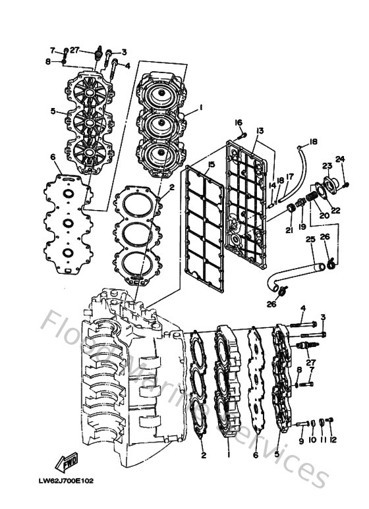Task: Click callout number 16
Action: (x=239, y=122)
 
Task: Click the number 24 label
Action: (x=340, y=159)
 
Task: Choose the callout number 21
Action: (x=288, y=230)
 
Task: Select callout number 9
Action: (x=301, y=440)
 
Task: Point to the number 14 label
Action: (x=271, y=186)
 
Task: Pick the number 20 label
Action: (x=324, y=215)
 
